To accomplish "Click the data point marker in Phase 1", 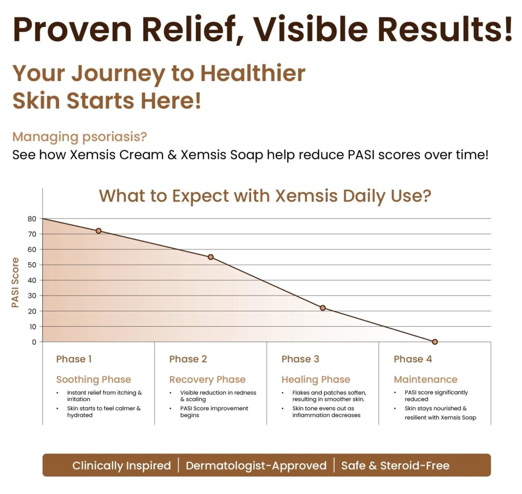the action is pyautogui.click(x=98, y=231).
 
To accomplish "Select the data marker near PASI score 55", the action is pyautogui.click(x=211, y=257).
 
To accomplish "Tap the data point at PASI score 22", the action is pyautogui.click(x=323, y=308).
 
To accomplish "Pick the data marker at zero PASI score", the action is pyautogui.click(x=435, y=342).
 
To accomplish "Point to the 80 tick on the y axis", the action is pyautogui.click(x=32, y=219).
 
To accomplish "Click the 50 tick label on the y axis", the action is pyautogui.click(x=32, y=265).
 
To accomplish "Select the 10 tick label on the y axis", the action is pyautogui.click(x=33, y=327).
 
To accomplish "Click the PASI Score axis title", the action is pyautogui.click(x=15, y=282).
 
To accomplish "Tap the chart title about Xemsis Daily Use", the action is pyautogui.click(x=265, y=196).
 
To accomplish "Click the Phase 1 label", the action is pyautogui.click(x=74, y=359).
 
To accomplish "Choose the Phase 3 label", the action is pyautogui.click(x=300, y=359).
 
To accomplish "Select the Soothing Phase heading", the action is pyautogui.click(x=94, y=380).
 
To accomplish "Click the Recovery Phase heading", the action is pyautogui.click(x=207, y=380).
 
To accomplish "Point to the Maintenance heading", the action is pyautogui.click(x=426, y=379).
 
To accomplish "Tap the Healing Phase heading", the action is pyautogui.click(x=316, y=380).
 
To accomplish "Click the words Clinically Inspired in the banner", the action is pyautogui.click(x=121, y=465).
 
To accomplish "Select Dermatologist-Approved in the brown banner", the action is pyautogui.click(x=256, y=465).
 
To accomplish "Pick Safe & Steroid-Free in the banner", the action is pyautogui.click(x=395, y=465).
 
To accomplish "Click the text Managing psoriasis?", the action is pyautogui.click(x=80, y=137).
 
